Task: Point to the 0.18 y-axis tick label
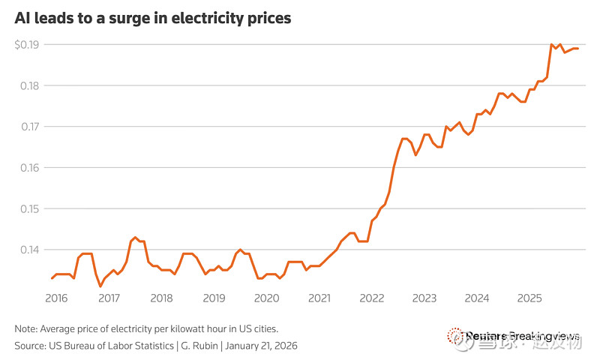tap(28, 85)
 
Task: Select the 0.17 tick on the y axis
tap(28, 127)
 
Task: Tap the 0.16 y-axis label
tap(28, 167)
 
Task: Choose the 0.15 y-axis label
tap(28, 208)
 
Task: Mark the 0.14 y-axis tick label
tap(28, 249)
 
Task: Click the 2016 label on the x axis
tap(56, 298)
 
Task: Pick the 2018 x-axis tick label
tap(161, 298)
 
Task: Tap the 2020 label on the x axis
tap(266, 298)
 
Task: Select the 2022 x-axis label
tap(372, 298)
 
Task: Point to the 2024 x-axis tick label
tap(477, 298)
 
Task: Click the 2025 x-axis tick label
tap(529, 298)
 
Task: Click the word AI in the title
tap(22, 17)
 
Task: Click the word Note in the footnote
tap(25, 329)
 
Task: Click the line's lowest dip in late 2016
tap(100, 286)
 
